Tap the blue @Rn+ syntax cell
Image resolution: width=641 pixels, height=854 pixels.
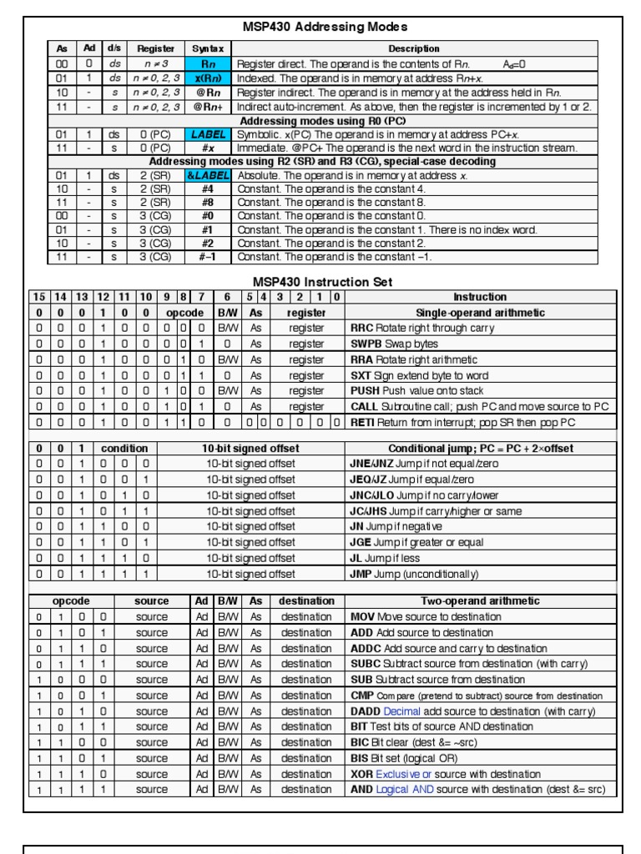pyautogui.click(x=209, y=107)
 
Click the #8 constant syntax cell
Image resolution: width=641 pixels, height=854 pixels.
pyautogui.click(x=209, y=203)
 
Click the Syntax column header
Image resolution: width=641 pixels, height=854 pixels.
pyautogui.click(x=209, y=49)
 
